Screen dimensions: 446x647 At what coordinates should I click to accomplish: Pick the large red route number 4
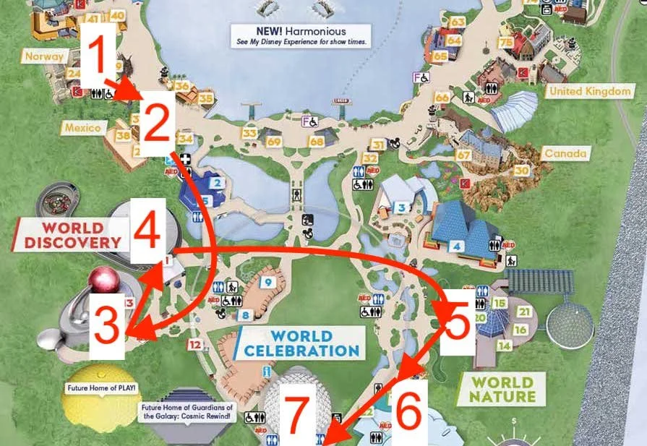(x=147, y=231)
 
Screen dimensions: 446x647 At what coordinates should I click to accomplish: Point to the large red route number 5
(x=458, y=325)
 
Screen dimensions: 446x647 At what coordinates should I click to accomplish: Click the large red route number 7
(x=299, y=421)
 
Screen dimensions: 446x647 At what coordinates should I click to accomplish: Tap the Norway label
(x=43, y=56)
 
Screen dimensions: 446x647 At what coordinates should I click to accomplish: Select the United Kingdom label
(x=591, y=91)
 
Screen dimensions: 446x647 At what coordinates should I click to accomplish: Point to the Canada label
(x=565, y=153)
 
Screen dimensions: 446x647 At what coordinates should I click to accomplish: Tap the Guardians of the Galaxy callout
(x=187, y=411)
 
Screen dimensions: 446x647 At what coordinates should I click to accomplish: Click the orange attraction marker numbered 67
(x=463, y=155)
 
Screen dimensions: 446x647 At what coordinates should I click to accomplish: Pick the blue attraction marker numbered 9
(x=267, y=282)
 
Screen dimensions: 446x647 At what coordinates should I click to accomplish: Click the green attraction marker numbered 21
(x=525, y=312)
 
